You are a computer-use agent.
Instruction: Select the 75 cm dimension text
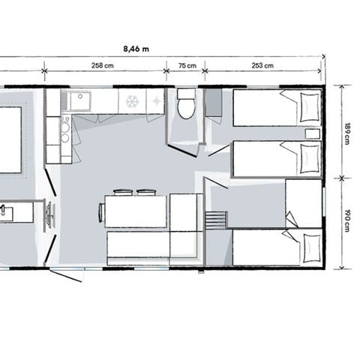click(x=186, y=66)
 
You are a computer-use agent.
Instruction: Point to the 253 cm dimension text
click(x=262, y=66)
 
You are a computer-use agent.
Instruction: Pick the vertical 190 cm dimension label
click(x=346, y=222)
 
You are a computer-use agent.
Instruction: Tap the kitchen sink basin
click(x=79, y=100)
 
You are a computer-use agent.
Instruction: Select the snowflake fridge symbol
click(x=131, y=101)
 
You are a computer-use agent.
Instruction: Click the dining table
click(x=136, y=211)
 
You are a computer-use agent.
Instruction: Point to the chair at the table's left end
click(x=101, y=212)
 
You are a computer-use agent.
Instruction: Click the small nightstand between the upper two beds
click(x=313, y=133)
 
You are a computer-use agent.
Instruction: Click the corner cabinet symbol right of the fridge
click(x=155, y=101)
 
